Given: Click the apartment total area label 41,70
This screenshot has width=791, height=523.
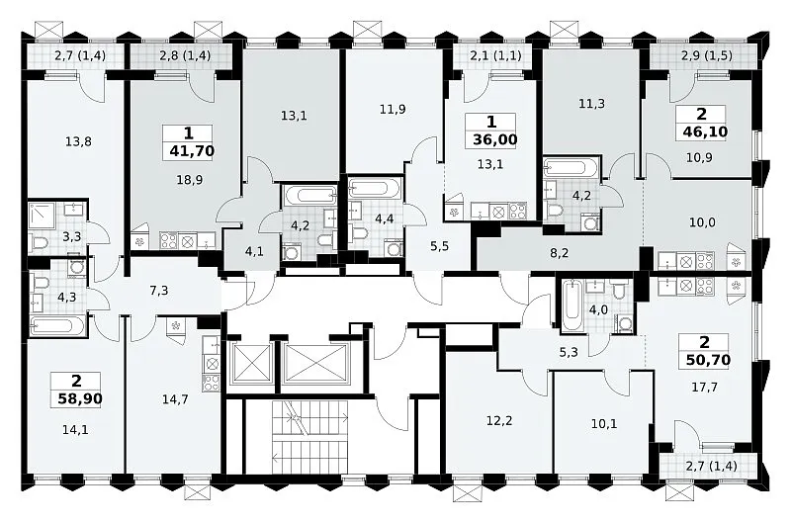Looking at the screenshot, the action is pyautogui.click(x=192, y=150).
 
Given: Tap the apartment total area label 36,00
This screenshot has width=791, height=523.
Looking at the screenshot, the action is pyautogui.click(x=495, y=139).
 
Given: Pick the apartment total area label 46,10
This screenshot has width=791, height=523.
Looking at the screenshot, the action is pyautogui.click(x=705, y=132).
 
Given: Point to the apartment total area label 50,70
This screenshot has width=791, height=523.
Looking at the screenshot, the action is pyautogui.click(x=708, y=360).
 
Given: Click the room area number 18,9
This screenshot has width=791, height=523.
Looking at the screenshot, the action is pyautogui.click(x=190, y=180).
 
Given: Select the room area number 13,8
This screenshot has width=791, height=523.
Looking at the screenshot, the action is pyautogui.click(x=78, y=141).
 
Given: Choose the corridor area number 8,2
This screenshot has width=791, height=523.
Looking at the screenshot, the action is pyautogui.click(x=559, y=253).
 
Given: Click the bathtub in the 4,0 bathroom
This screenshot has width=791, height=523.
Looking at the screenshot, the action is pyautogui.click(x=571, y=305).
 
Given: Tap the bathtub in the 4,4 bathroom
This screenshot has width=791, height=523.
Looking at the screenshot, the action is pyautogui.click(x=375, y=189).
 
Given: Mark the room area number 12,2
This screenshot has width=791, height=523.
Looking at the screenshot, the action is pyautogui.click(x=499, y=419).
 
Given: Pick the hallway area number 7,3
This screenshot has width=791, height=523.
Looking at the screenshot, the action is pyautogui.click(x=159, y=291).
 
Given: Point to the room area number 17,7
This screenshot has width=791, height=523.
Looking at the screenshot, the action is pyautogui.click(x=704, y=388).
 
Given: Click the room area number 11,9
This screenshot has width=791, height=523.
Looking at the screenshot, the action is pyautogui.click(x=393, y=109).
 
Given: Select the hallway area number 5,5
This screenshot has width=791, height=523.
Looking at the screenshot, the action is pyautogui.click(x=439, y=246).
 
